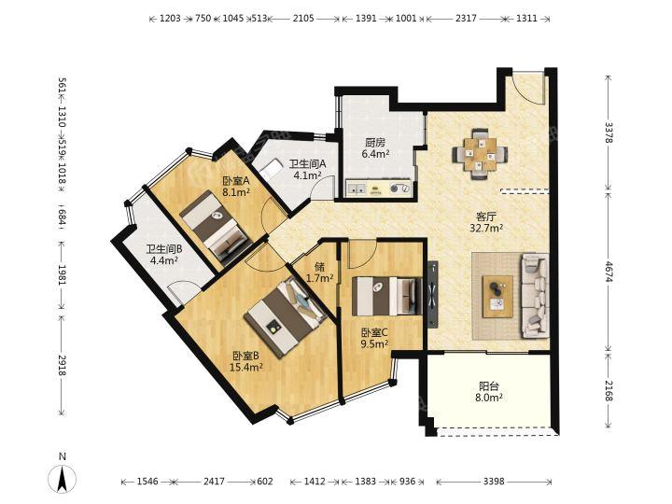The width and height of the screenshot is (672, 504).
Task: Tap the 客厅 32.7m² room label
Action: click(486, 222)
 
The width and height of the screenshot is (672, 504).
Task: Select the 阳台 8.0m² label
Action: click(488, 392)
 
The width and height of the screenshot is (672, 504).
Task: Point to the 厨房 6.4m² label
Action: click(375, 148)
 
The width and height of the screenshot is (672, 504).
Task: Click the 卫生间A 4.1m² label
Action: click(307, 169)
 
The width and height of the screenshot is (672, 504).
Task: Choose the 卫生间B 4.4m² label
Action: click(164, 255)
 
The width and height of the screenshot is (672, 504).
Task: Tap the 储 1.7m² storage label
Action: click(320, 273)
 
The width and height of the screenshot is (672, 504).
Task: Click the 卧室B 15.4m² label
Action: click(246, 361)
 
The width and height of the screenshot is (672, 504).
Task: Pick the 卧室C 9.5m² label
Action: click(374, 338)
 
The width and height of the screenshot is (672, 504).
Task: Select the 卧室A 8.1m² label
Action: click(236, 187)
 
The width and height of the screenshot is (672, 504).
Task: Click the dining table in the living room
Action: click(481, 153)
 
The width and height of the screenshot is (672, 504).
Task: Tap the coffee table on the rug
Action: click(497, 297)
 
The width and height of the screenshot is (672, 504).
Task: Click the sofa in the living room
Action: click(535, 296)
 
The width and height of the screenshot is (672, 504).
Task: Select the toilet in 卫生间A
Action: click(271, 168)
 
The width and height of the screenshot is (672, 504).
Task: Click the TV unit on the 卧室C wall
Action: click(432, 294)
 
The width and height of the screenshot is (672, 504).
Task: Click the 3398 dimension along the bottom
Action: click(494, 482)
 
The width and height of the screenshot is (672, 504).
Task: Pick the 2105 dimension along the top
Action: click(303, 18)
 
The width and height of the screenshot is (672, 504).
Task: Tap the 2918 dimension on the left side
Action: click(63, 366)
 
